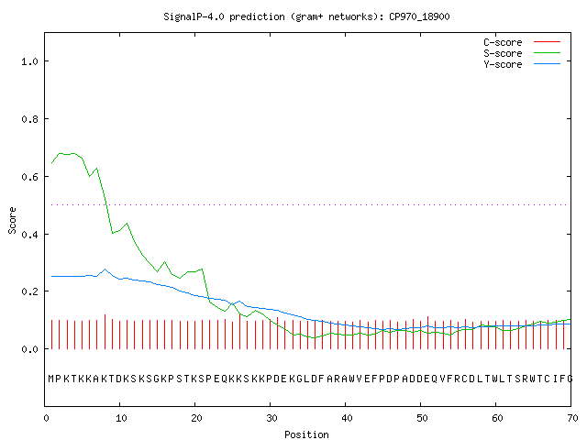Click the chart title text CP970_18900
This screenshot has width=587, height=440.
[x=419, y=17]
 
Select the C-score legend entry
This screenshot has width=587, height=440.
[x=522, y=42]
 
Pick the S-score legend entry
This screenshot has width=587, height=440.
[x=522, y=53]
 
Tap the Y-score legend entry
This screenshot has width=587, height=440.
[x=522, y=64]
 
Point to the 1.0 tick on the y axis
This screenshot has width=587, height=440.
[x=30, y=61]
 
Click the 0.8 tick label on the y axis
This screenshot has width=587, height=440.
[x=30, y=119]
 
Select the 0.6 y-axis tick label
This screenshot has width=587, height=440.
[x=30, y=177]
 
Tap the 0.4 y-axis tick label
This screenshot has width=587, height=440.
[x=30, y=235]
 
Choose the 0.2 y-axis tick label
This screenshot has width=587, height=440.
[x=30, y=291]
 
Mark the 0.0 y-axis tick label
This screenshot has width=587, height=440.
[x=30, y=349]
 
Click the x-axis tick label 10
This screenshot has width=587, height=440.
[x=121, y=418]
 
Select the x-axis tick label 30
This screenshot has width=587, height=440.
[x=271, y=418]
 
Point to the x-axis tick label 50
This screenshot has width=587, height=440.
[x=422, y=418]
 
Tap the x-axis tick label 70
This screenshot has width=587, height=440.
[x=572, y=418]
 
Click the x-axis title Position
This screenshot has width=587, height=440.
[x=306, y=434]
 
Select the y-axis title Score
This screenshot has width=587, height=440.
[x=12, y=220]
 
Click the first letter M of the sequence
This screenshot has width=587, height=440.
[x=51, y=379]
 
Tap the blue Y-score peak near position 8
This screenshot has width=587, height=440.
[x=105, y=269]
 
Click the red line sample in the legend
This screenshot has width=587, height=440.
[x=547, y=41]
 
